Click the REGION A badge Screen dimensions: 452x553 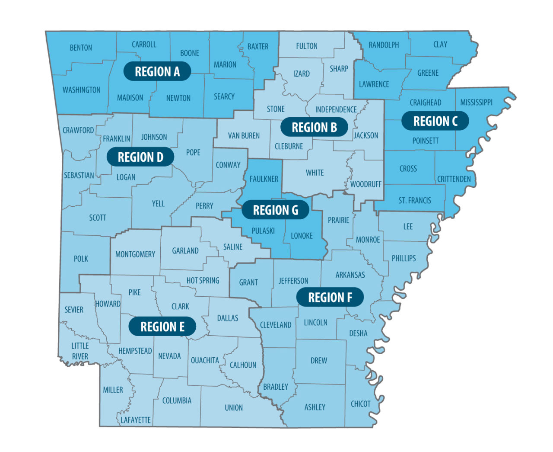[157, 71]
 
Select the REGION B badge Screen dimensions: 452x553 [314, 127]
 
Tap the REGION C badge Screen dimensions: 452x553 [435, 121]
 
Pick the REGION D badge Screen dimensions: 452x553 [140, 157]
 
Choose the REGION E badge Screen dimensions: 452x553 [162, 327]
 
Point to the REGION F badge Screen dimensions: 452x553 [330, 298]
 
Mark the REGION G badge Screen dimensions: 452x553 [275, 210]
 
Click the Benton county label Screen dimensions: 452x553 [81, 48]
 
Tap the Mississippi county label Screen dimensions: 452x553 [476, 103]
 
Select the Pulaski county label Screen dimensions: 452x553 [263, 231]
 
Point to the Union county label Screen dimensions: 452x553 [234, 407]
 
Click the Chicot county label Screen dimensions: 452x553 [360, 404]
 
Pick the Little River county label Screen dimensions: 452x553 [80, 351]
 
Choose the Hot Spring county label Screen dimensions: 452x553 [203, 281]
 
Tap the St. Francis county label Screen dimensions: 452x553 [414, 200]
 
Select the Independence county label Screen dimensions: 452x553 [336, 109]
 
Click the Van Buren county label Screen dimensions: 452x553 [244, 136]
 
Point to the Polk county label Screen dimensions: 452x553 [81, 259]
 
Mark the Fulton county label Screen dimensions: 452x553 [307, 46]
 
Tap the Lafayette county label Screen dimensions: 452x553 [136, 420]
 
